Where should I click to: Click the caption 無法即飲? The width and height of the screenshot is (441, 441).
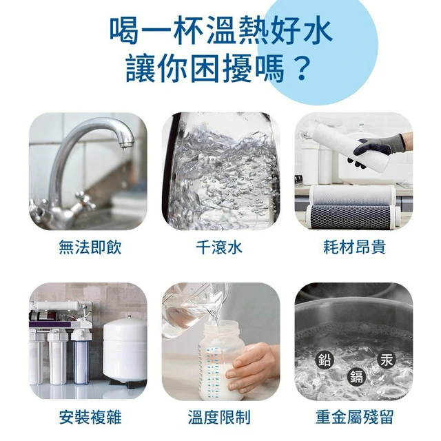pos(90,247)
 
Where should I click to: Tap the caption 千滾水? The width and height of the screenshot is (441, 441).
pos(219,247)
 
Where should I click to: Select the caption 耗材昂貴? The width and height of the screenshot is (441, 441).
pos(354,247)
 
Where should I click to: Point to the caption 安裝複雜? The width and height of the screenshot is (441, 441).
pos(90,417)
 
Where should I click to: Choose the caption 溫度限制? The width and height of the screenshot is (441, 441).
pos(219,417)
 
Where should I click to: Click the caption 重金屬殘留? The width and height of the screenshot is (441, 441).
pos(354,417)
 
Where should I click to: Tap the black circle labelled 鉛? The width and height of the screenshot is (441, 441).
pos(325,360)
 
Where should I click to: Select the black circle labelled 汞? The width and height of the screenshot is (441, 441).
pos(387,359)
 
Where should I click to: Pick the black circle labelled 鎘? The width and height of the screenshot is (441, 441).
pos(357,377)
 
